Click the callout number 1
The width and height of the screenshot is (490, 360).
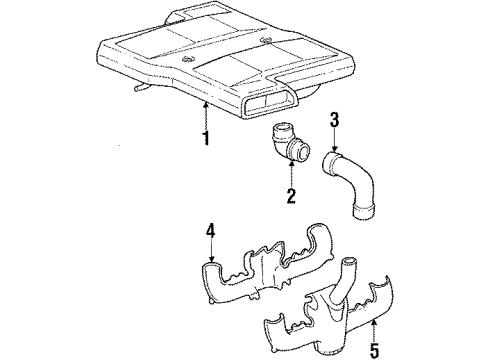tap(206, 137)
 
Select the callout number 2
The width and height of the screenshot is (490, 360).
tap(291, 196)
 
